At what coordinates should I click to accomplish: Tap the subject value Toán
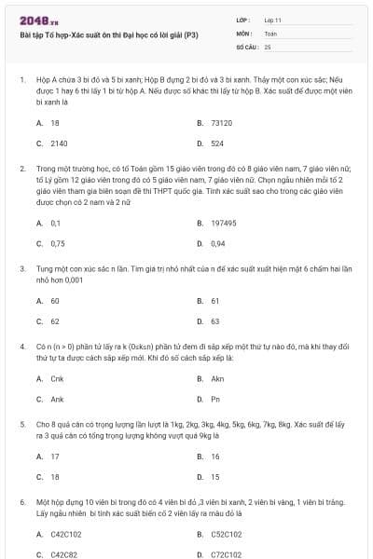pyautogui.click(x=271, y=33)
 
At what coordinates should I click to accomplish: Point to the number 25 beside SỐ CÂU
pyautogui.click(x=269, y=46)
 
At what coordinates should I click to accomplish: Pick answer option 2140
pyautogui.click(x=59, y=143)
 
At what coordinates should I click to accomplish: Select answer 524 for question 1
pyautogui.click(x=217, y=143)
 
